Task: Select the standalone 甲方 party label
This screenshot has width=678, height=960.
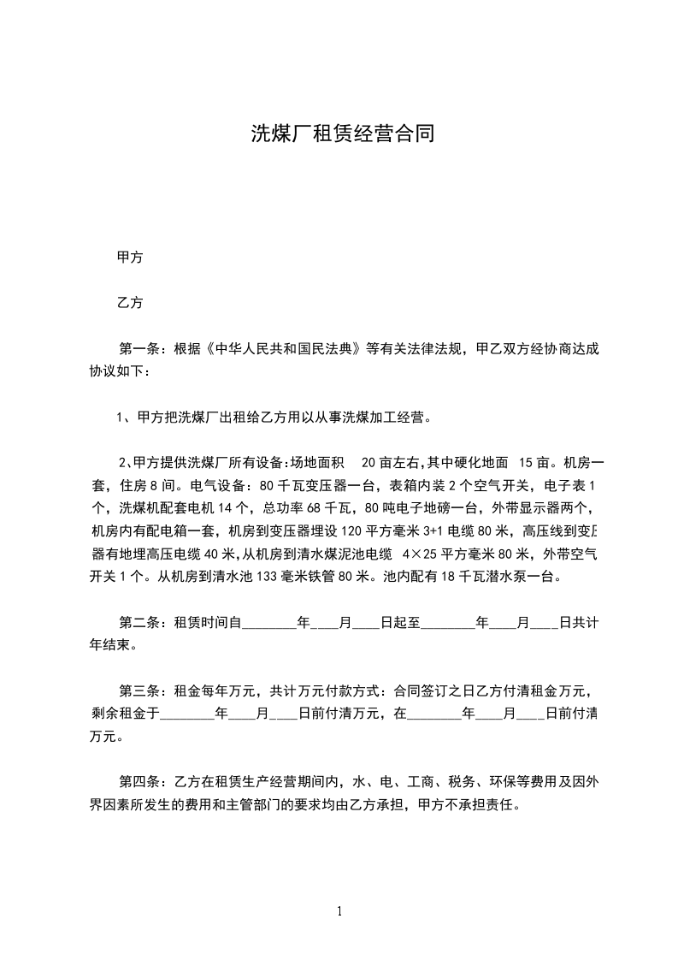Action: tap(130, 257)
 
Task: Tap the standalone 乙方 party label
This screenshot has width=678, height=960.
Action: tap(130, 302)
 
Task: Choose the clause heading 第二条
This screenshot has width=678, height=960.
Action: tap(139, 624)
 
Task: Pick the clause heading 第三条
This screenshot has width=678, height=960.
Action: tap(139, 691)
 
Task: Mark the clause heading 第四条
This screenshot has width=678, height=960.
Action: tap(139, 782)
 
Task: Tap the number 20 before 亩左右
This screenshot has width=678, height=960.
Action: tap(370, 463)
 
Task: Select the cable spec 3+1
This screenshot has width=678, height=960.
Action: tap(436, 531)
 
